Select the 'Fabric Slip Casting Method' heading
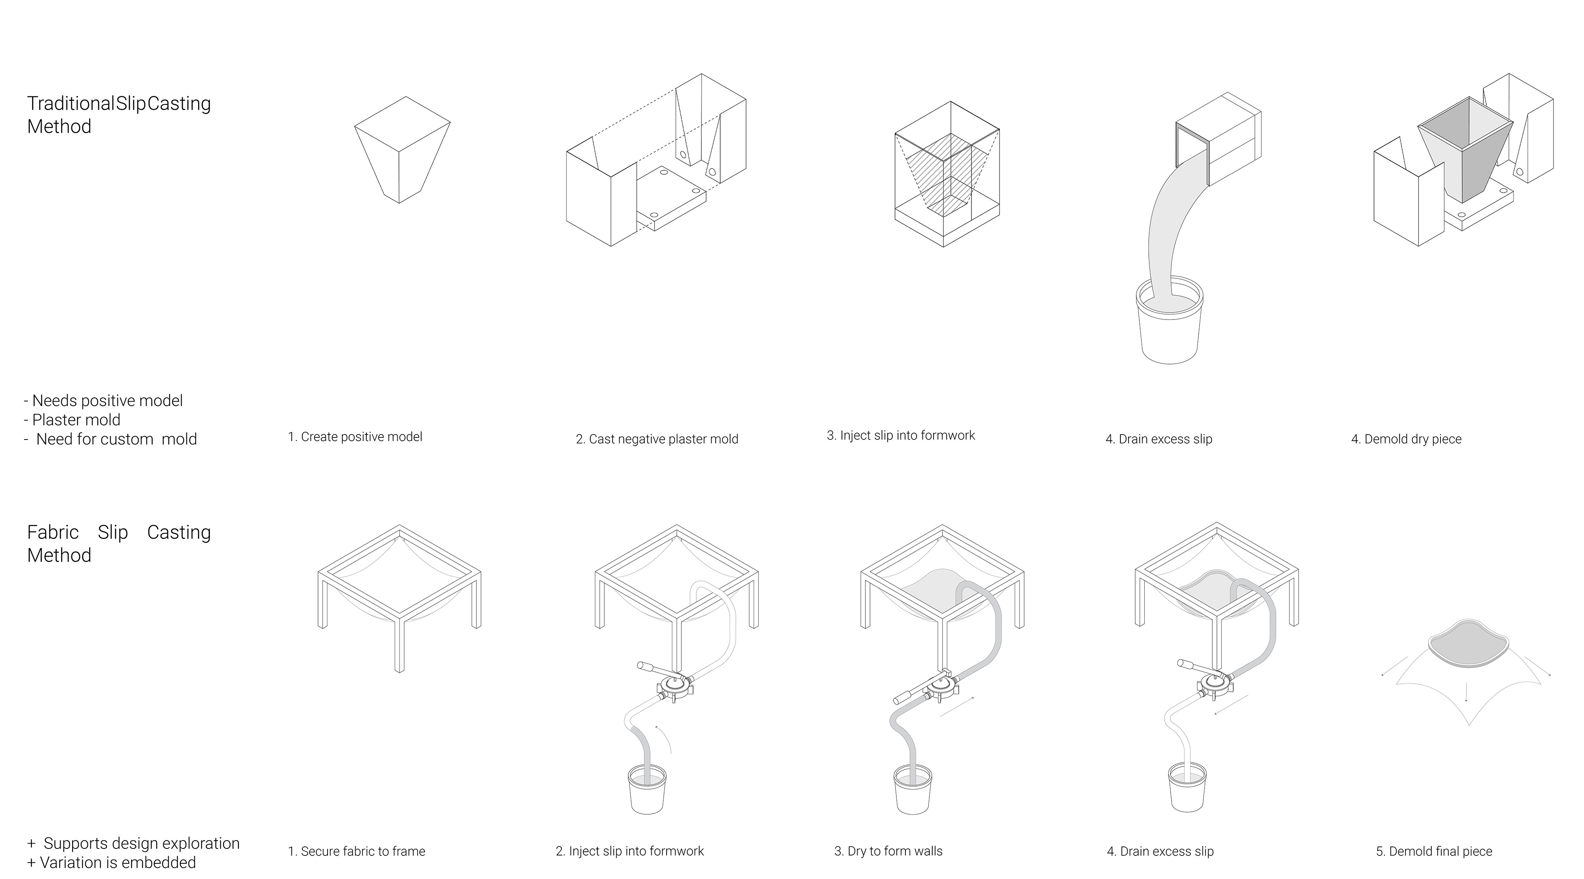[x=119, y=543]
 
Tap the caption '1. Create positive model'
[x=356, y=437]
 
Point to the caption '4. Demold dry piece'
[x=1406, y=439]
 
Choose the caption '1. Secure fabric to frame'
[x=357, y=851]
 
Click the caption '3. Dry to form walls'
[x=889, y=851]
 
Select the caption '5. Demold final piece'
[x=1434, y=851]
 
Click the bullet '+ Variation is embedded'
[x=111, y=863]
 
